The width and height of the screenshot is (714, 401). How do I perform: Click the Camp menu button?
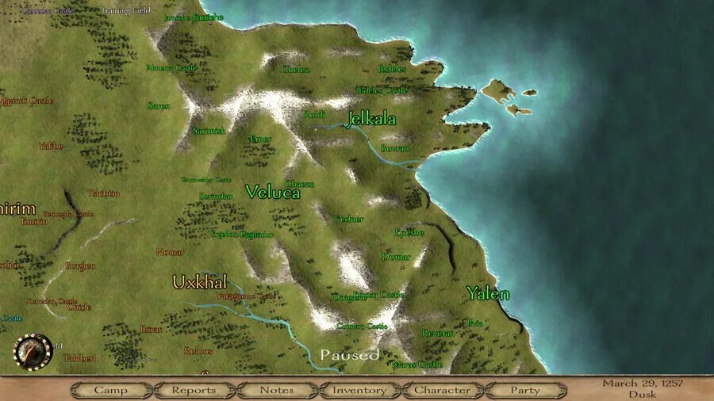pos(110,390)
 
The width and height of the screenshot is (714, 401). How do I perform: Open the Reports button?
pos(194,390)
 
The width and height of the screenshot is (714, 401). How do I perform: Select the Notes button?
pos(276,390)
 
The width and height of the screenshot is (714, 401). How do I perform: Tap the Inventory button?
pos(359,390)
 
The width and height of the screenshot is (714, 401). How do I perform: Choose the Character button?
pos(442,390)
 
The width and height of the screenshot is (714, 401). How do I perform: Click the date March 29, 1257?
pos(643,384)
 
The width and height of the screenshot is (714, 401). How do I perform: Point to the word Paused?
pos(350,355)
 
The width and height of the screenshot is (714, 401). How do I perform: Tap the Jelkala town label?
pos(371,120)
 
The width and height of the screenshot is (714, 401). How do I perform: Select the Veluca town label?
pos(273,192)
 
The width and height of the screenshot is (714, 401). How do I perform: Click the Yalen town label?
pos(488,293)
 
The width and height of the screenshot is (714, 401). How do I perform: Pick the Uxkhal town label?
pos(200,282)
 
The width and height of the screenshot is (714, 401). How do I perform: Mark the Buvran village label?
pos(395,148)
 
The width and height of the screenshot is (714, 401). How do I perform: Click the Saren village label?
pos(159,105)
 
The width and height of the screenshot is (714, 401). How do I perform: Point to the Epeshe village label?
pos(409,232)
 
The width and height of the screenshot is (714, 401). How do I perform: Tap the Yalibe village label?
pos(51,146)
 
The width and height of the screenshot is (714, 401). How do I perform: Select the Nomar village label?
pos(170,252)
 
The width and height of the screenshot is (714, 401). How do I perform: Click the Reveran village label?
pos(438,334)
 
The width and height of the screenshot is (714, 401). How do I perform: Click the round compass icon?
pos(33,351)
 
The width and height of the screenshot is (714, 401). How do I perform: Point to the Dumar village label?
pos(396,257)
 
